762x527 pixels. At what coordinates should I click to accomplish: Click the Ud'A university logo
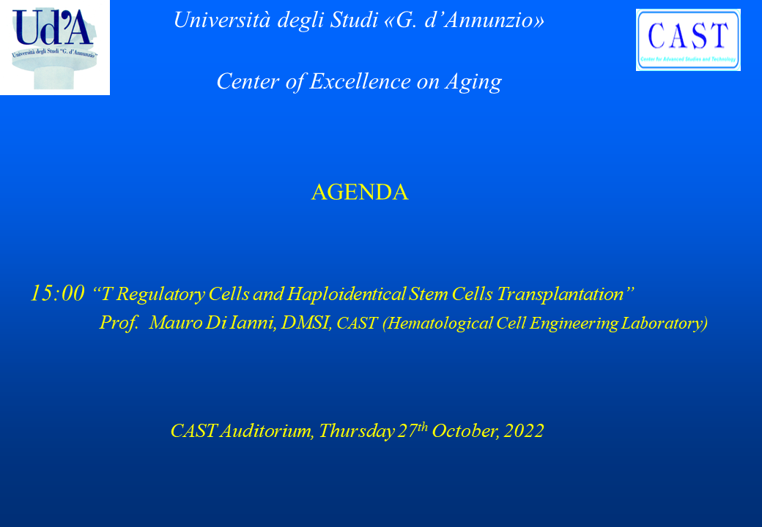coord(55,47)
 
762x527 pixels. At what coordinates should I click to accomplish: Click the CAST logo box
coord(688,40)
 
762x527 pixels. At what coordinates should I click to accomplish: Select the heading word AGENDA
coord(360,193)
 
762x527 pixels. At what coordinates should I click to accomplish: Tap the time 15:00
coord(57,293)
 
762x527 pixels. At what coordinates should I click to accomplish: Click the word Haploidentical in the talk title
coord(347,294)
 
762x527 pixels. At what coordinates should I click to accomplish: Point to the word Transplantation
coord(561,294)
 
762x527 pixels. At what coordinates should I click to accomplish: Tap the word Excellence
coord(360,81)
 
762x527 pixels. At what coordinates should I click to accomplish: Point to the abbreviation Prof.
coord(119,323)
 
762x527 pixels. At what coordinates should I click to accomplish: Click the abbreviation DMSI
coord(306,323)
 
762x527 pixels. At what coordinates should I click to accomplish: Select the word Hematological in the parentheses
coord(437,324)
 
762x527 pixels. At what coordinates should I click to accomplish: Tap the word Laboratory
coord(663,324)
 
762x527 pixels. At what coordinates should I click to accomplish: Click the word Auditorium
coord(267,431)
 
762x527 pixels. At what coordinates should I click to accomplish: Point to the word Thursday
coord(357,431)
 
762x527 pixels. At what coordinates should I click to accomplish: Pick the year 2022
coord(524,431)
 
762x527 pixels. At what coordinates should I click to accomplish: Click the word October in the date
coord(465,431)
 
